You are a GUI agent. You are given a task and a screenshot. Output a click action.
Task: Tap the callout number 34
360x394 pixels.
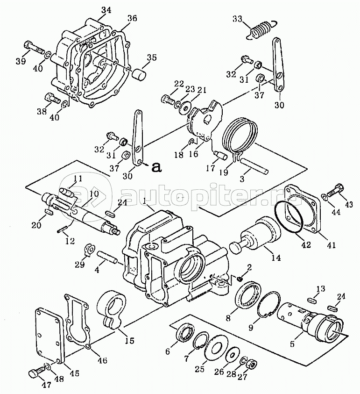(x=106, y=10)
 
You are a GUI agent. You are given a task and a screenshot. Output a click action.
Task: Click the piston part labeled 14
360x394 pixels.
(x=255, y=236)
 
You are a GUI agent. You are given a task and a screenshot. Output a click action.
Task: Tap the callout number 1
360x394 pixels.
(x=145, y=201)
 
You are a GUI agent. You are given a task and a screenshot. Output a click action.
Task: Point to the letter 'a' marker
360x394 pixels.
(x=157, y=167)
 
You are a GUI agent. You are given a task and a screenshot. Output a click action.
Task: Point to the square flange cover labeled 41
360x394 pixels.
(x=304, y=208)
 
